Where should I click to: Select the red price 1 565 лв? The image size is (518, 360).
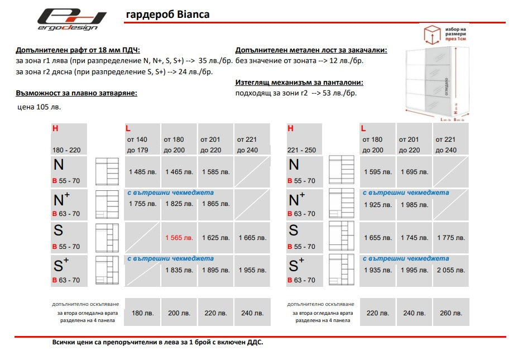[179, 238]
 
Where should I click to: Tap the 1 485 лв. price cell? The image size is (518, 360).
[143, 172]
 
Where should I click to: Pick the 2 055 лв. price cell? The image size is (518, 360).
[450, 270]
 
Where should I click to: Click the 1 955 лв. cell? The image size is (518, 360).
[252, 270]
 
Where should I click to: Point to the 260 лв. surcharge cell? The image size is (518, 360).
[450, 313]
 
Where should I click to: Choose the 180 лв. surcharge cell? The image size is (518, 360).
[143, 313]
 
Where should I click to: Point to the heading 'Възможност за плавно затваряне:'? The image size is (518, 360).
[76, 93]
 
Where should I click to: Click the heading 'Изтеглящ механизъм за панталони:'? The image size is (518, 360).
[299, 82]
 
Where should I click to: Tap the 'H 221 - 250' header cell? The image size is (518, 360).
[304, 139]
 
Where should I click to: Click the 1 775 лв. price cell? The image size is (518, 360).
[450, 238]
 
